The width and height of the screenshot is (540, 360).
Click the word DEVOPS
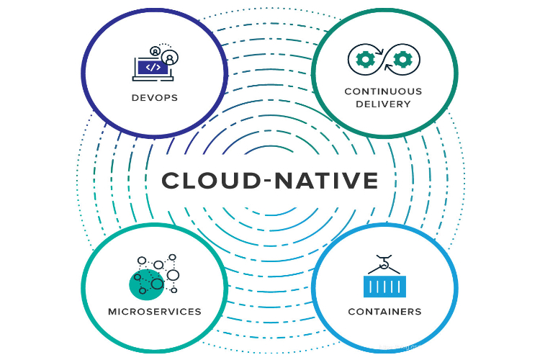pyautogui.click(x=154, y=97)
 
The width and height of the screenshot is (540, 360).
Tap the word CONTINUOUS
pyautogui.click(x=383, y=91)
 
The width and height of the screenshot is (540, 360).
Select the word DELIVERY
pyautogui.click(x=383, y=104)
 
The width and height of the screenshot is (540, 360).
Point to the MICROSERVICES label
pyautogui.click(x=154, y=312)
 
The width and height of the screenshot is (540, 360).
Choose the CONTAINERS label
pyautogui.click(x=384, y=312)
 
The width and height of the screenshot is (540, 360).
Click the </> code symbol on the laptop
pyautogui.click(x=153, y=67)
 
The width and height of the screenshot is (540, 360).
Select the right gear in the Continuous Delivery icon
pyautogui.click(x=403, y=58)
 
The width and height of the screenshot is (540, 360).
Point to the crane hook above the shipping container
pyautogui.click(x=384, y=264)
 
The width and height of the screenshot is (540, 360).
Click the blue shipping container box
pyautogui.click(x=384, y=287)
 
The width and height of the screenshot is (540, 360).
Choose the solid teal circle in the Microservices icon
pyautogui.click(x=145, y=284)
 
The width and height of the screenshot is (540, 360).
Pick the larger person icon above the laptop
pyautogui.click(x=170, y=56)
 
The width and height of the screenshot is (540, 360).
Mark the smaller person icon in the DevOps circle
pyautogui.click(x=155, y=51)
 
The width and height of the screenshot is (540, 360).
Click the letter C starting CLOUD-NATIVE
pyautogui.click(x=171, y=180)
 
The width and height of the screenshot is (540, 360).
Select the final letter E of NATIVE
pyautogui.click(x=370, y=180)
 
